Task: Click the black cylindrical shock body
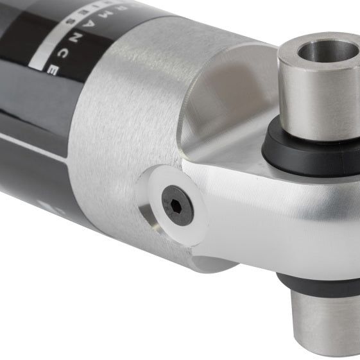click(x=32, y=160)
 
